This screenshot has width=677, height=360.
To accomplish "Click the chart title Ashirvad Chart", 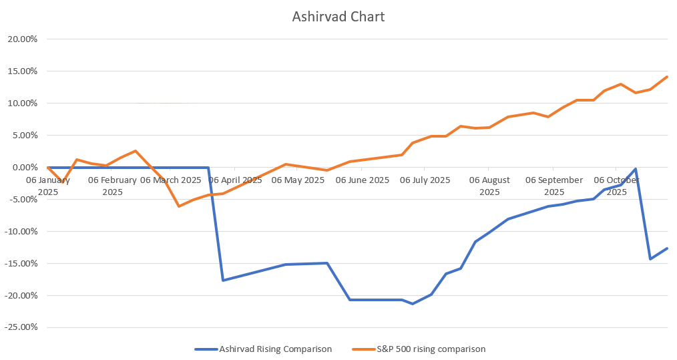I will [338, 17].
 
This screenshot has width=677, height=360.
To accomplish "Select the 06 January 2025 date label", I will [48, 186].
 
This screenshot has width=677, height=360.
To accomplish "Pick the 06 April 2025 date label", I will [235, 180].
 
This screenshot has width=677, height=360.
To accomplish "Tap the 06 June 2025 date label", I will [362, 180].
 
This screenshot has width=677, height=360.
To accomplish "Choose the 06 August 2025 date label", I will [489, 186].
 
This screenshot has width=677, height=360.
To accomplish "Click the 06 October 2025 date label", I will [616, 186].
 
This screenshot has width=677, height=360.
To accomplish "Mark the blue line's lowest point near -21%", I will [413, 304].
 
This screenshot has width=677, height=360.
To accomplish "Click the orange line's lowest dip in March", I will [179, 206].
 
